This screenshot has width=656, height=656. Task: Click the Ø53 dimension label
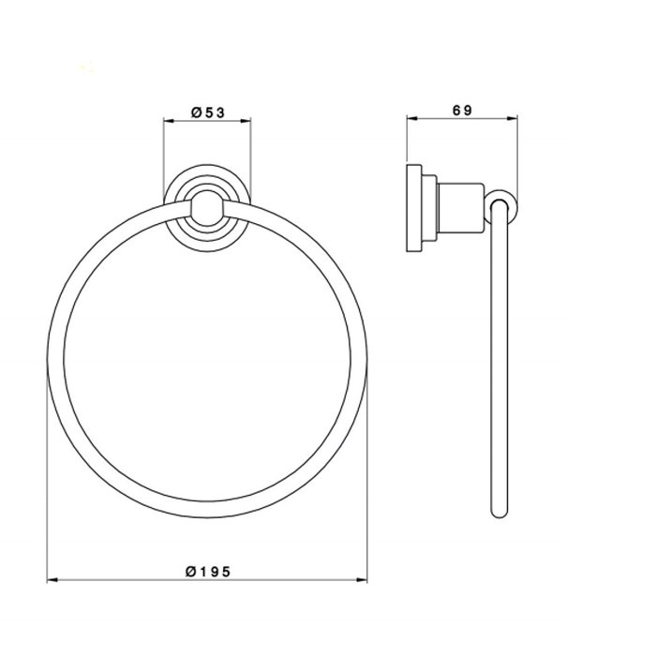[x=208, y=112]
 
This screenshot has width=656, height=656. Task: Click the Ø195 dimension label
[x=208, y=572]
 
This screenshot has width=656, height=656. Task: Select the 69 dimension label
[x=462, y=111]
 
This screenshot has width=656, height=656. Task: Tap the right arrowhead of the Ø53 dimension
[x=246, y=121]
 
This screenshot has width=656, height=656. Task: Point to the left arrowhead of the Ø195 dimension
[x=52, y=580]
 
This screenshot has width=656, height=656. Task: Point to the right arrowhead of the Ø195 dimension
[x=362, y=580]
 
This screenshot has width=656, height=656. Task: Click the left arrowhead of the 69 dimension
[x=412, y=118]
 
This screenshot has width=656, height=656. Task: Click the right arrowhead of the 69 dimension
[x=513, y=118]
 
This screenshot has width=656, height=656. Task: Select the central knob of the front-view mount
[x=207, y=208]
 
